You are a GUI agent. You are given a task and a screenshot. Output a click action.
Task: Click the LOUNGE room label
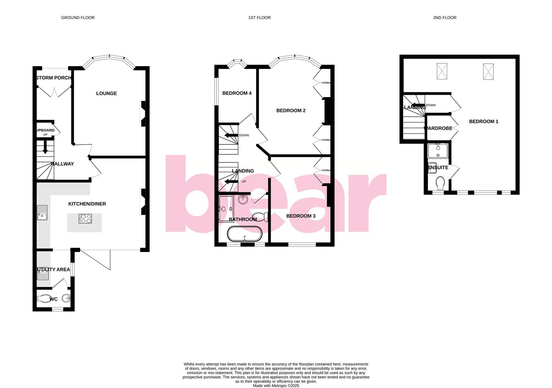pos(106,93)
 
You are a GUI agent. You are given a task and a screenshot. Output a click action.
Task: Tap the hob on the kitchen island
pos(85,218)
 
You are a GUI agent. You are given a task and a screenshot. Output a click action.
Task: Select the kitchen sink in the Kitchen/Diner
pos(42,212)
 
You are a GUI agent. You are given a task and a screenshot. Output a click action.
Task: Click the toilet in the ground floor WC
pos(44,299)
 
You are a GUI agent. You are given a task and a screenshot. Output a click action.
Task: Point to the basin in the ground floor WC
pos(66,298)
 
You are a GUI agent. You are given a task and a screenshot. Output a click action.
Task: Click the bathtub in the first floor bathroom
pos(245,234)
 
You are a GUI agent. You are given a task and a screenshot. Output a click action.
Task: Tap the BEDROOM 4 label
pos(237,93)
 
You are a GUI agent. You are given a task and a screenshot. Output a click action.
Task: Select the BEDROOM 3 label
pos(301,216)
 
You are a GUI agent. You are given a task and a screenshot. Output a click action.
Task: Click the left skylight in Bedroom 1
pos(442,71)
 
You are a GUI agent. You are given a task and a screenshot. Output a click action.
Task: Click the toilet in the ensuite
pos(440,183)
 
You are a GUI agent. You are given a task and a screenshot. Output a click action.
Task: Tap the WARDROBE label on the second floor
pos(438,128)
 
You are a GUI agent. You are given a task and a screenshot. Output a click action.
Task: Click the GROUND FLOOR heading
pos(78,18)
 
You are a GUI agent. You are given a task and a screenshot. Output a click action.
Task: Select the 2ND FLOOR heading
pos(445,18)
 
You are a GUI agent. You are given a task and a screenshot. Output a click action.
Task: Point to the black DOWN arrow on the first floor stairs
pos(231,135)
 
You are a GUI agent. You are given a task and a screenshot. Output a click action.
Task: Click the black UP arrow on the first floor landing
pos(231,181)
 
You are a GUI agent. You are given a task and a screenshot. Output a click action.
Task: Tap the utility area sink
pos(43,275)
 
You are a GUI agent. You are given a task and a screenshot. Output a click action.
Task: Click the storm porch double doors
pos(54,91)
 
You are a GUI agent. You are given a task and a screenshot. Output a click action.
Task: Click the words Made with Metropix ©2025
pos(276,386)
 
